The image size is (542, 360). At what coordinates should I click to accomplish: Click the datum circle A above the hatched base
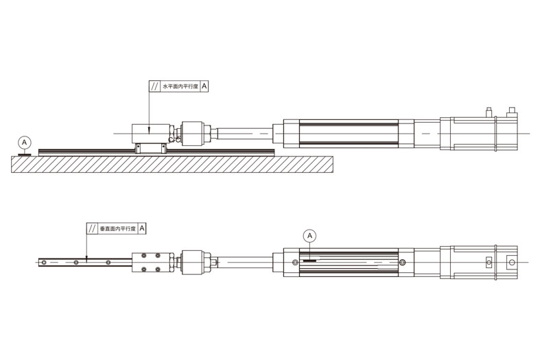click(x=24, y=143)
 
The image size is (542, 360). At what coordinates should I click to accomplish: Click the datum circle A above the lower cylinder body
click(x=309, y=236)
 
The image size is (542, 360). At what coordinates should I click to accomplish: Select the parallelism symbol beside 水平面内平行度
click(x=154, y=86)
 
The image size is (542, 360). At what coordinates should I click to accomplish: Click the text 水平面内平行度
click(x=180, y=86)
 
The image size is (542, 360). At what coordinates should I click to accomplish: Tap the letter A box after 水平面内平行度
click(x=204, y=86)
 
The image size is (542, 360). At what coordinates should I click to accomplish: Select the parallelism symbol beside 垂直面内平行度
click(x=92, y=228)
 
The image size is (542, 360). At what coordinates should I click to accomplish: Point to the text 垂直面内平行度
click(x=117, y=228)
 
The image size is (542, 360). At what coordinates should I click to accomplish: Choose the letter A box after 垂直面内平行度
click(x=142, y=228)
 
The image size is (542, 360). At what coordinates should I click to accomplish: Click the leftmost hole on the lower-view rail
click(x=43, y=263)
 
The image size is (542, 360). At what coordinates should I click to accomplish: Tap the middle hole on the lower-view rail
click(x=76, y=263)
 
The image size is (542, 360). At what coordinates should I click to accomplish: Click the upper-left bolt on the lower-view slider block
click(x=144, y=256)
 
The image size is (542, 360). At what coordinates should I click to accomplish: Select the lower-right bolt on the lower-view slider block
click(x=158, y=269)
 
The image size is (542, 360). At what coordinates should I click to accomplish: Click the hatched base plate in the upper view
click(x=172, y=165)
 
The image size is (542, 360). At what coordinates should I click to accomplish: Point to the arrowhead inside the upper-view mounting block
click(x=149, y=131)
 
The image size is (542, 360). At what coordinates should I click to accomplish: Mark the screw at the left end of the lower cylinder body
click(x=295, y=263)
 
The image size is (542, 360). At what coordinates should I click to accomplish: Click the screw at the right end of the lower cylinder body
click(x=402, y=263)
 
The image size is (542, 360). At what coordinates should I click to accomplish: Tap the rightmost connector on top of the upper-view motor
click(x=512, y=112)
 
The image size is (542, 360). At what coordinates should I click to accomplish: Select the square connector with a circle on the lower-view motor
click(x=512, y=263)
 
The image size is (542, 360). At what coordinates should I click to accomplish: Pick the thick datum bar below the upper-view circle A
click(x=25, y=155)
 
